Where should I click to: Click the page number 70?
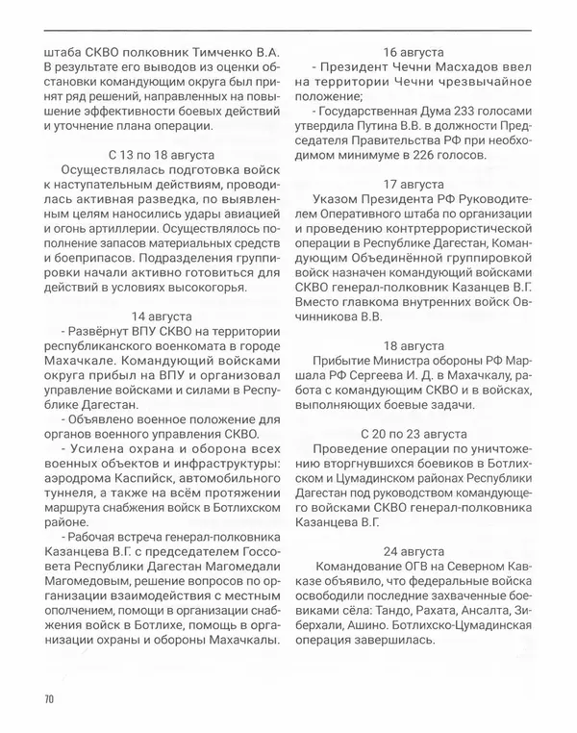click(x=49, y=697)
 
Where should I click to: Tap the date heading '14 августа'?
click(x=163, y=316)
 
